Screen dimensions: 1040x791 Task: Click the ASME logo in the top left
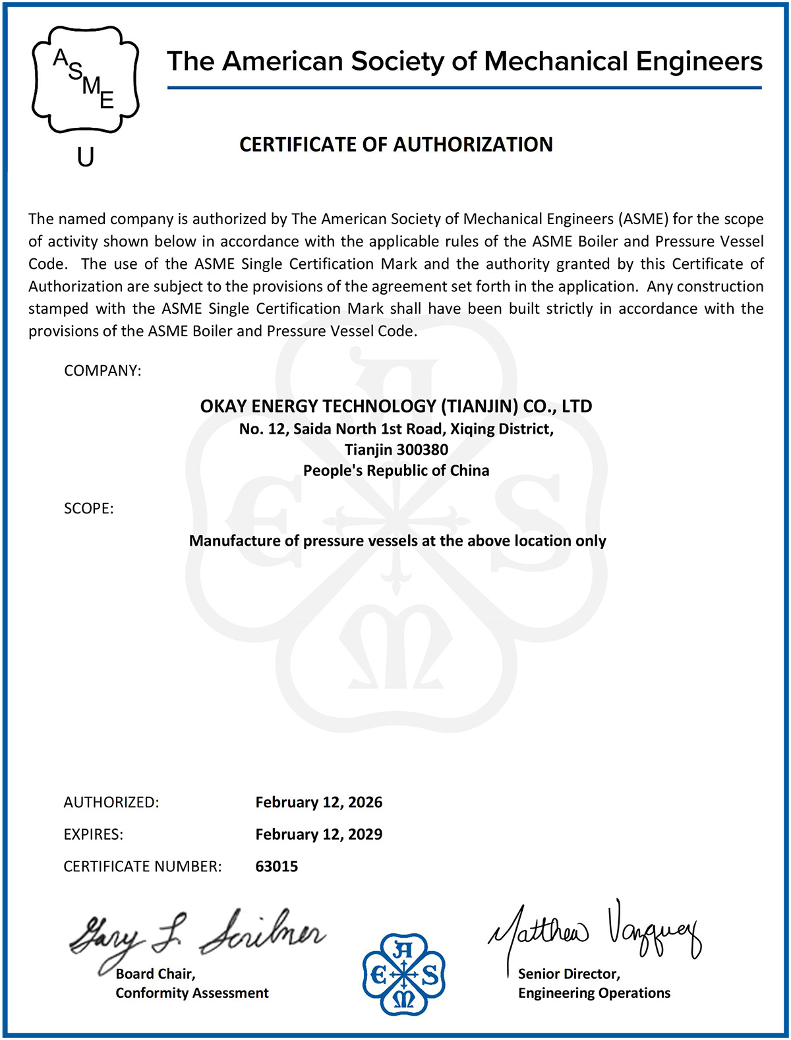tap(85, 80)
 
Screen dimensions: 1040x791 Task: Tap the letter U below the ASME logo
tap(86, 157)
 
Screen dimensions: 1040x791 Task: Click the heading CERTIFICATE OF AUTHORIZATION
tap(395, 144)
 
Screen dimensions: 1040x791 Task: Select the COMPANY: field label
tap(102, 370)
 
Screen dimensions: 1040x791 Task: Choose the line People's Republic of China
tap(395, 471)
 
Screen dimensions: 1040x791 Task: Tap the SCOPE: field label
tap(88, 508)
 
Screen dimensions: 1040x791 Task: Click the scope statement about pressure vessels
tap(397, 540)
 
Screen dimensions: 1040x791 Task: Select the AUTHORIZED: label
tap(111, 802)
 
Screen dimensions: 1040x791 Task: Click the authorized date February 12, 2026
tap(318, 802)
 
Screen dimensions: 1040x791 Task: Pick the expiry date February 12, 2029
tap(318, 834)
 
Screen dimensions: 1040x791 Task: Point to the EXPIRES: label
tap(93, 834)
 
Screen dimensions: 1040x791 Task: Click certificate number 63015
tap(276, 866)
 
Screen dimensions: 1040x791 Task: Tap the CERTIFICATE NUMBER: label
tap(142, 866)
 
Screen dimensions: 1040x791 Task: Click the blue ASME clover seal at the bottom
tap(403, 974)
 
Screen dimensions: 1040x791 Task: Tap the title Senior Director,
tap(569, 973)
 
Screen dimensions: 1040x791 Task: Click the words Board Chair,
tap(156, 973)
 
